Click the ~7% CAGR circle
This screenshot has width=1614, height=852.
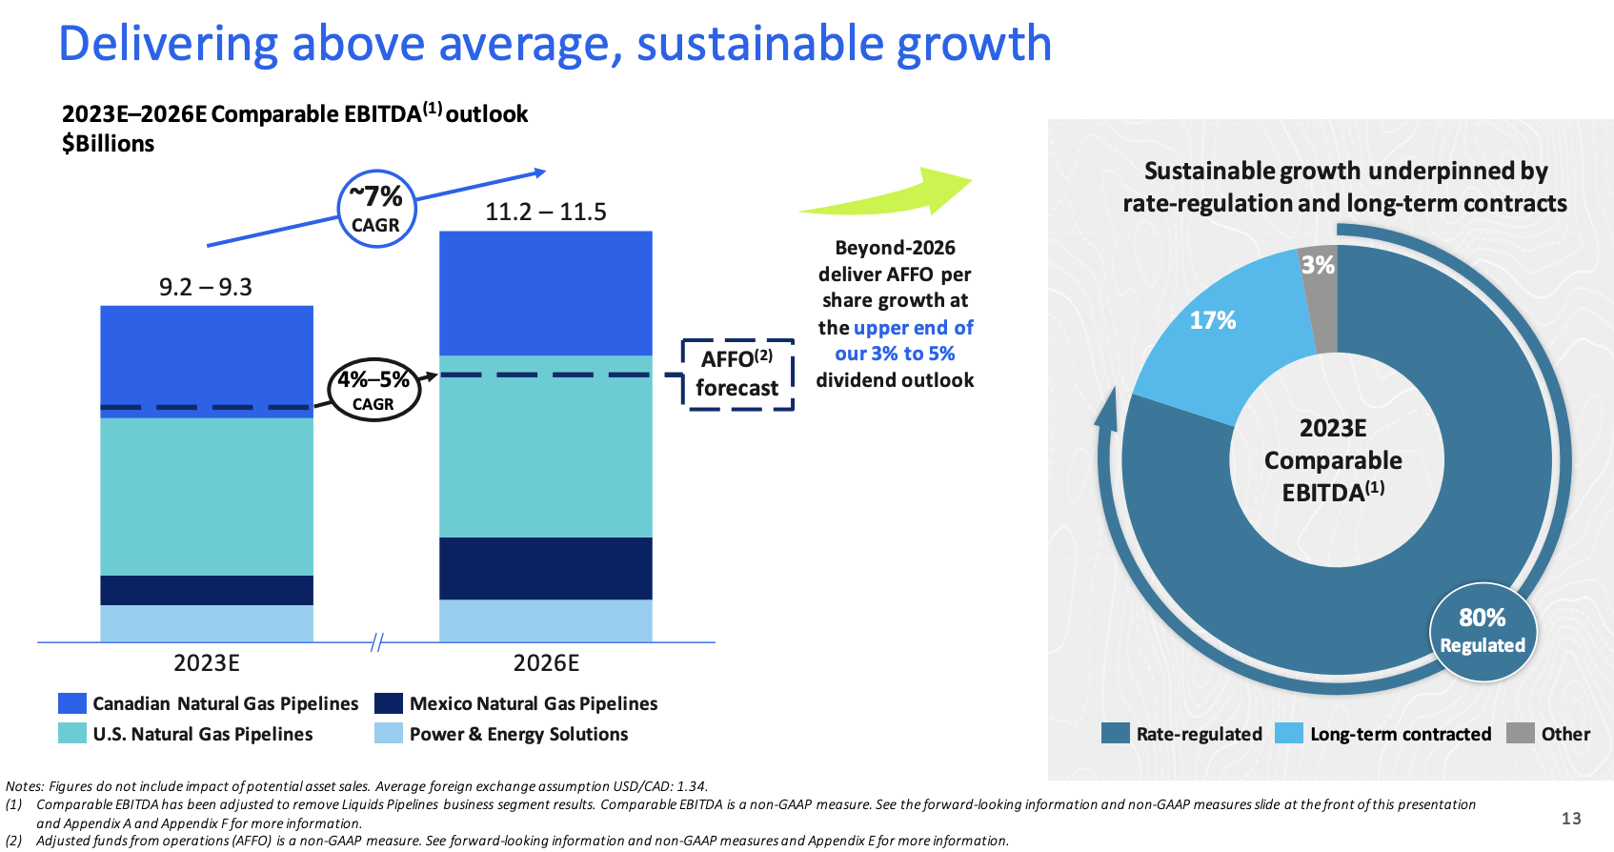[376, 209]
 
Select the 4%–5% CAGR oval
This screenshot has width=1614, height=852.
[373, 391]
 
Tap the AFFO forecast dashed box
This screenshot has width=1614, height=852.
[737, 375]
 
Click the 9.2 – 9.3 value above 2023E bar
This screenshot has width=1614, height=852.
[206, 287]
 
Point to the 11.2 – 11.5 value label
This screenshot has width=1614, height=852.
[546, 212]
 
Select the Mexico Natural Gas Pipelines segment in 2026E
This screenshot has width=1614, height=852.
[546, 568]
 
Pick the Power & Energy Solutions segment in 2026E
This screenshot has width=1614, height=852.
[546, 620]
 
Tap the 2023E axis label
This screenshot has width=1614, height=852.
[207, 663]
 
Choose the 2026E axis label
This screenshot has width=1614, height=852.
[546, 663]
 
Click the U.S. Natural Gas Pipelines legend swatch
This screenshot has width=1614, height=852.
[72, 734]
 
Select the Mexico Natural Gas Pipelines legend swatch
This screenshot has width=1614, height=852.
[389, 703]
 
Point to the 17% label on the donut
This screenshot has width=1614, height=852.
[1213, 320]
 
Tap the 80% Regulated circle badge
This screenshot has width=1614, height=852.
[1483, 631]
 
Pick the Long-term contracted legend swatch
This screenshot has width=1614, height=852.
[1289, 734]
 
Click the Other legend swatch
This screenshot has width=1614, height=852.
[1521, 734]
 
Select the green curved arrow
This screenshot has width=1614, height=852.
[896, 194]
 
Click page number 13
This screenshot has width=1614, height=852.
[1571, 819]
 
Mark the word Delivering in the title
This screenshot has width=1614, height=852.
[168, 44]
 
